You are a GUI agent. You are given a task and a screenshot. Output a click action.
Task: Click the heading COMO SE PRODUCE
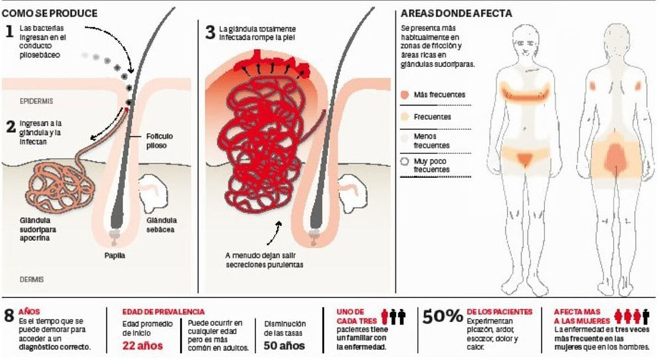click(50, 13)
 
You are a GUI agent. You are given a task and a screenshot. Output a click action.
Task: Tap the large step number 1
click(9, 31)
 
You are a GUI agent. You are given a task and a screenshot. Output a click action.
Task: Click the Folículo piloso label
click(161, 140)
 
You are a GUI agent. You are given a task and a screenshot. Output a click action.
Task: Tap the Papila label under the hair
click(115, 254)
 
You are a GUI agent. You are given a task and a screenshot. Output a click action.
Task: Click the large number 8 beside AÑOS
click(9, 315)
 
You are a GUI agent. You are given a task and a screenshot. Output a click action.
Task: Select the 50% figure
click(442, 317)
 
